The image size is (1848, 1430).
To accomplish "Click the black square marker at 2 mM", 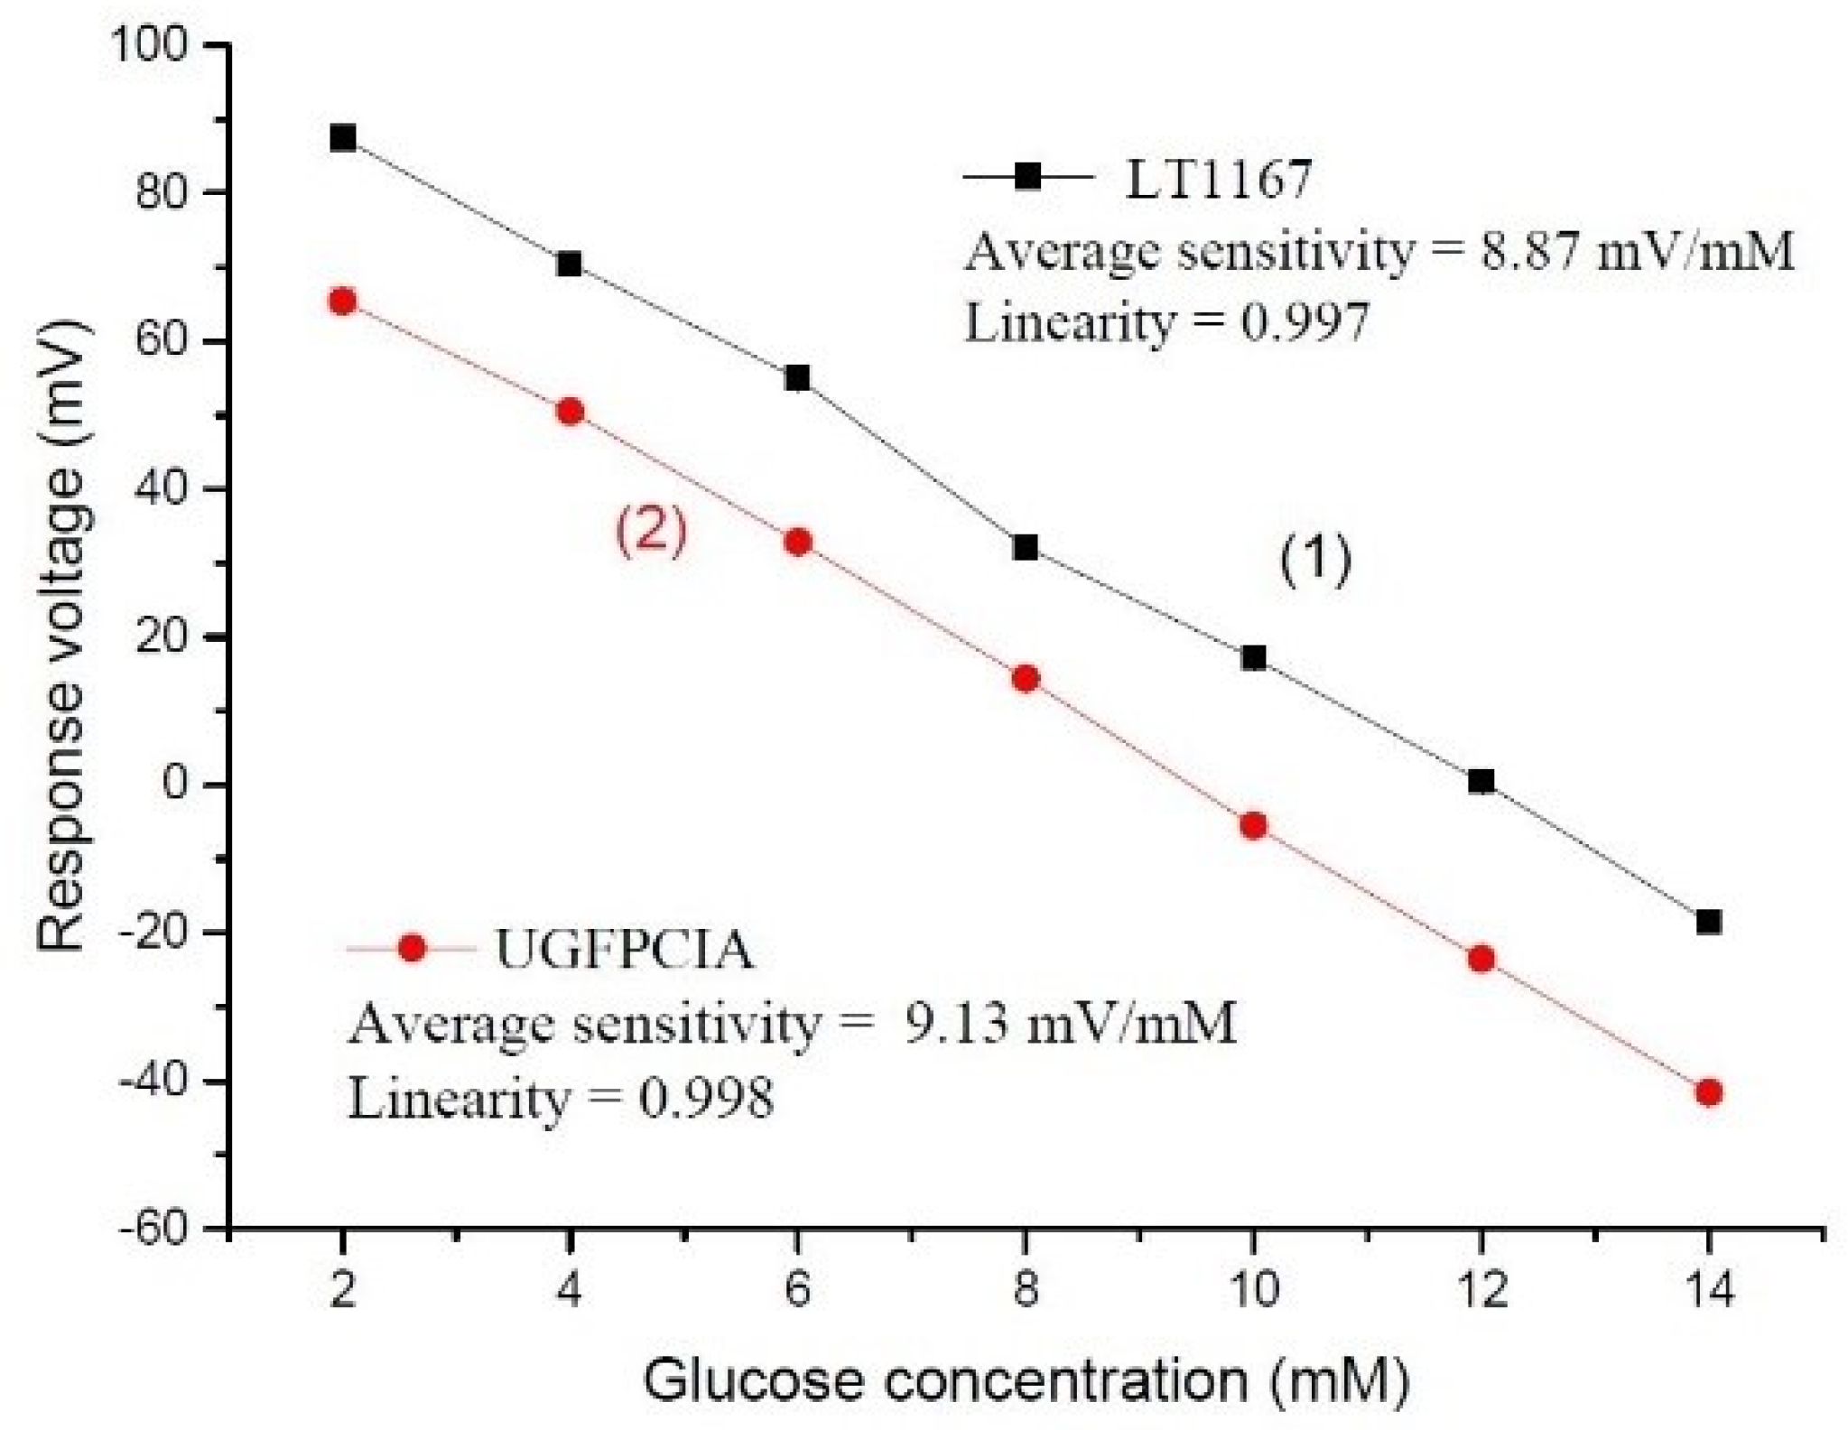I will click(x=342, y=138).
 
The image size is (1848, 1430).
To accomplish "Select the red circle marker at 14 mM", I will click(x=1708, y=1092).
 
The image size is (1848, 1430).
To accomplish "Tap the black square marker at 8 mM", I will click(x=1025, y=547).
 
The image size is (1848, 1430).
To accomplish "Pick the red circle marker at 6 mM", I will click(x=797, y=542).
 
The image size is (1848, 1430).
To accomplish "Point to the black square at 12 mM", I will click(x=1481, y=781).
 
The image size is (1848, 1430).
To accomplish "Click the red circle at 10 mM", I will click(x=1253, y=825).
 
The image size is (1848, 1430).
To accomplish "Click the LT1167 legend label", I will click(x=1218, y=179).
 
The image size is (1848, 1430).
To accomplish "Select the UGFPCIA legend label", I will click(x=624, y=950).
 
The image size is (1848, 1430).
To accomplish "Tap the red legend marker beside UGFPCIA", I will click(x=412, y=948).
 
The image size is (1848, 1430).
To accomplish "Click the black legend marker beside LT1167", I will click(x=1027, y=176).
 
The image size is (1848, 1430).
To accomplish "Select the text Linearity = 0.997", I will click(x=1166, y=322).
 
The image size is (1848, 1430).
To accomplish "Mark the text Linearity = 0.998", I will click(x=561, y=1099).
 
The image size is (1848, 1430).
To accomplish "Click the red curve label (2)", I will click(x=651, y=530).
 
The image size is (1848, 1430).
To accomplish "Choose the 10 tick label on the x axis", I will click(x=1253, y=1289).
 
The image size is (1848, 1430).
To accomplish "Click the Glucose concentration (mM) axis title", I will click(x=1025, y=1380).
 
